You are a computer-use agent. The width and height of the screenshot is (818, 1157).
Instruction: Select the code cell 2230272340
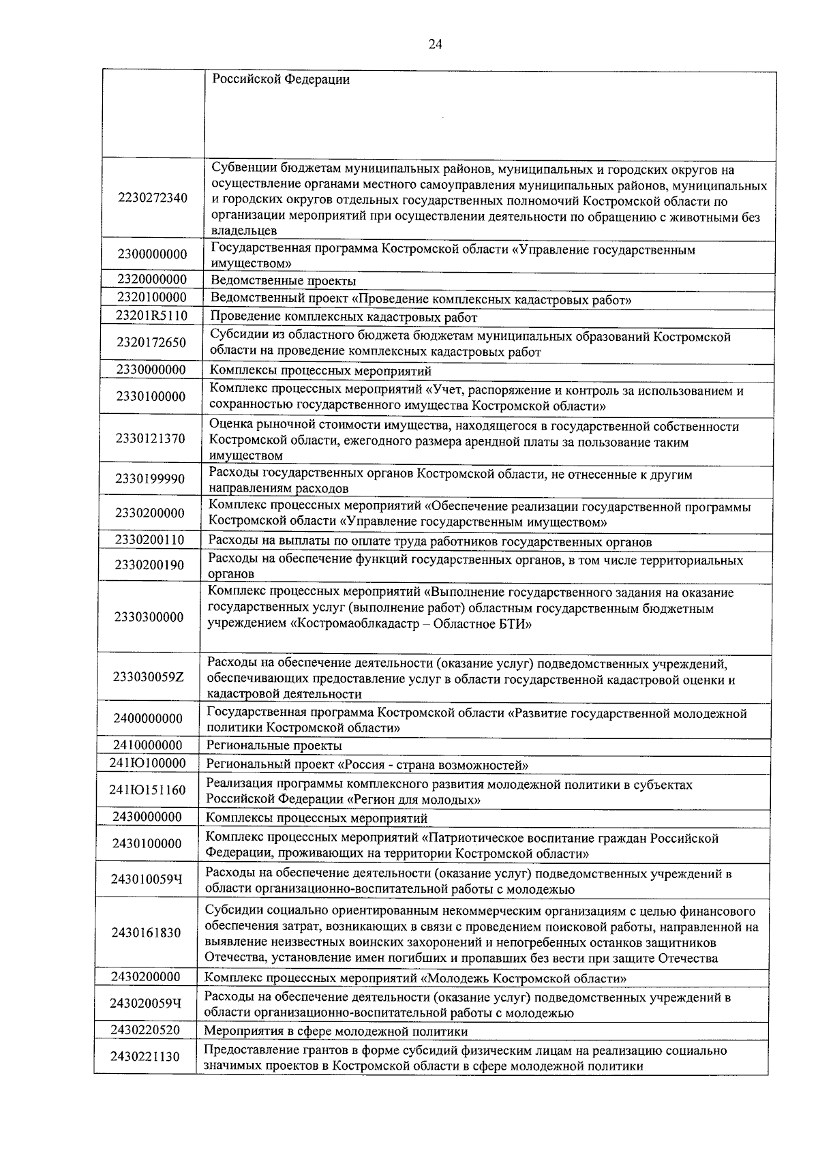[x=153, y=198]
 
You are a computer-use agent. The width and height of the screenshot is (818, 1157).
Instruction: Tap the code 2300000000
[x=152, y=254]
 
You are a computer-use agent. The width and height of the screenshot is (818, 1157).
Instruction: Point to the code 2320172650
[x=151, y=342]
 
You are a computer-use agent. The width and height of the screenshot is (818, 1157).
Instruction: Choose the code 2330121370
[x=150, y=438]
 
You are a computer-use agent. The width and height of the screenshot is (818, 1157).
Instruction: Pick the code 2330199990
[x=150, y=479]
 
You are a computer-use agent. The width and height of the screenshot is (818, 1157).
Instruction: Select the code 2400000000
[x=148, y=719]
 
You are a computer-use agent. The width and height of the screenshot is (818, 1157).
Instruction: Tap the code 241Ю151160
[x=147, y=790]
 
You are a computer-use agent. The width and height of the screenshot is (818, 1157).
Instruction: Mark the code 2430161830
[x=147, y=933]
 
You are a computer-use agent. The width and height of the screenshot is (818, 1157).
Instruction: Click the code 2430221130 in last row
[x=145, y=1057]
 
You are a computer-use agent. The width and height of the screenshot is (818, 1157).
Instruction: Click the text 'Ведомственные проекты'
[x=283, y=281]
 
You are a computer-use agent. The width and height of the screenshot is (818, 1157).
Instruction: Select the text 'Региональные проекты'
[x=274, y=746]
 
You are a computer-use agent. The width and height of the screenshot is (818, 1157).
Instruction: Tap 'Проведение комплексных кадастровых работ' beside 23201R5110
[x=344, y=317]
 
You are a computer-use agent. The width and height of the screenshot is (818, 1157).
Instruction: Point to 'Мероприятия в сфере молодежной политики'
[x=336, y=1032]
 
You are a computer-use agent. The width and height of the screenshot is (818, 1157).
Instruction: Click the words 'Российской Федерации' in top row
[x=281, y=80]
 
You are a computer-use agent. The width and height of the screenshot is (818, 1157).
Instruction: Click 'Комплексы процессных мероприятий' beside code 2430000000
[x=317, y=818]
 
